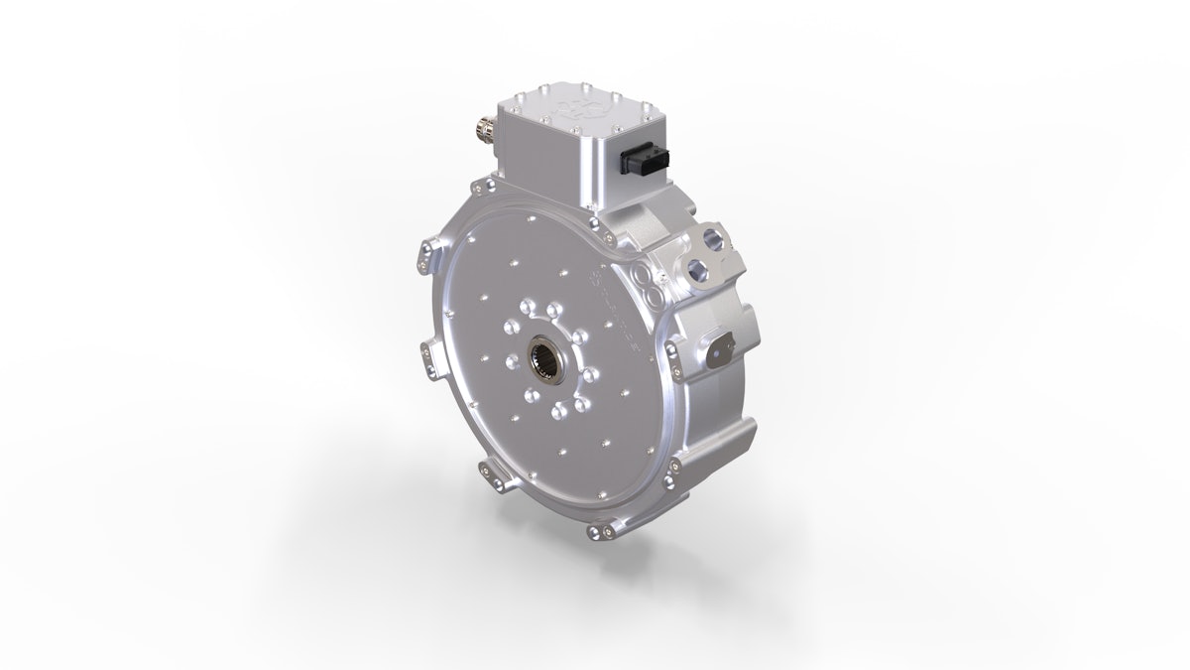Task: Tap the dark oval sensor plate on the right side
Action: tap(720, 349)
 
